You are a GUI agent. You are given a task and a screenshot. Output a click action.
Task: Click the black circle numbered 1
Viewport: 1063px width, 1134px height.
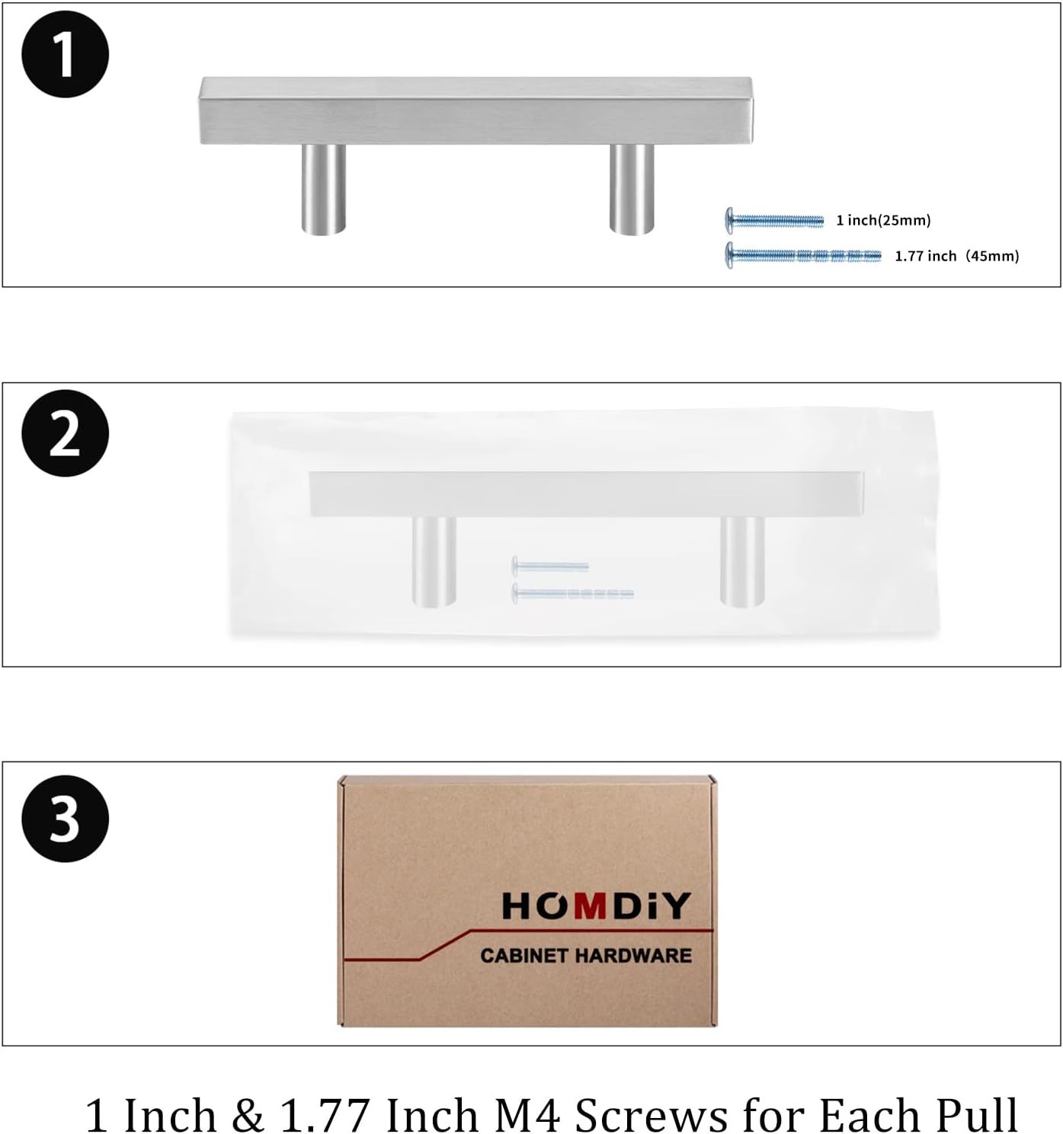(65, 53)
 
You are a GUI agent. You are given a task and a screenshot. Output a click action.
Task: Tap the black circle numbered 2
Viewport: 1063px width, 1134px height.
(65, 433)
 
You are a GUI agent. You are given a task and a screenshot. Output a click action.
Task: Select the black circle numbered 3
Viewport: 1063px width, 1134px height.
(65, 818)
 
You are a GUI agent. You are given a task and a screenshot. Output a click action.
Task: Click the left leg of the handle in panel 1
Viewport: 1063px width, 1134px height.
(323, 189)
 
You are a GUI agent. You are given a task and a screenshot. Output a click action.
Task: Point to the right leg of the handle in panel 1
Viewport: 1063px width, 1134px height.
(632, 189)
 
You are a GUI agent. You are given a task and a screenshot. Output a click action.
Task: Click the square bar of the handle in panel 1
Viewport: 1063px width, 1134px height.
(475, 110)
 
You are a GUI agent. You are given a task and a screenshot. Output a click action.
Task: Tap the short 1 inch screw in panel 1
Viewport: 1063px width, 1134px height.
(774, 220)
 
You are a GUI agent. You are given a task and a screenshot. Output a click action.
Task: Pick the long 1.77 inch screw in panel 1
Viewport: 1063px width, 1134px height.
(803, 255)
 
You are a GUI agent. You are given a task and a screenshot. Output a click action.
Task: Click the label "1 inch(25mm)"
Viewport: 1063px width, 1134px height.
(884, 220)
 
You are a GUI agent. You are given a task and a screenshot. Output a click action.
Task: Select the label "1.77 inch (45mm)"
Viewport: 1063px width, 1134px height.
(957, 257)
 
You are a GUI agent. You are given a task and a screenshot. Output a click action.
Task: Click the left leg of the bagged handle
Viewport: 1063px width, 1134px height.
(434, 561)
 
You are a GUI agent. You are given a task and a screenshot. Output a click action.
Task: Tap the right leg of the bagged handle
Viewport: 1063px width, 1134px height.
(742, 561)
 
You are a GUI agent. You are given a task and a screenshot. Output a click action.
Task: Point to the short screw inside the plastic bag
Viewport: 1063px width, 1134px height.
(550, 566)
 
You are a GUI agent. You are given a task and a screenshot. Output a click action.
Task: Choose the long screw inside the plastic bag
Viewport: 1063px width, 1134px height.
(573, 593)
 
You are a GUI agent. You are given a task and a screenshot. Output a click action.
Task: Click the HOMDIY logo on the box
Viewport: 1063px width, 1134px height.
(597, 906)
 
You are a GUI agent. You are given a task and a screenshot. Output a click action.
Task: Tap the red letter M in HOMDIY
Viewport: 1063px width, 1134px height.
(590, 906)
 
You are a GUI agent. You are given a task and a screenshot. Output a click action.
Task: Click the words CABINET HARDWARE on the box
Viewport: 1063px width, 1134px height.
(586, 955)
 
